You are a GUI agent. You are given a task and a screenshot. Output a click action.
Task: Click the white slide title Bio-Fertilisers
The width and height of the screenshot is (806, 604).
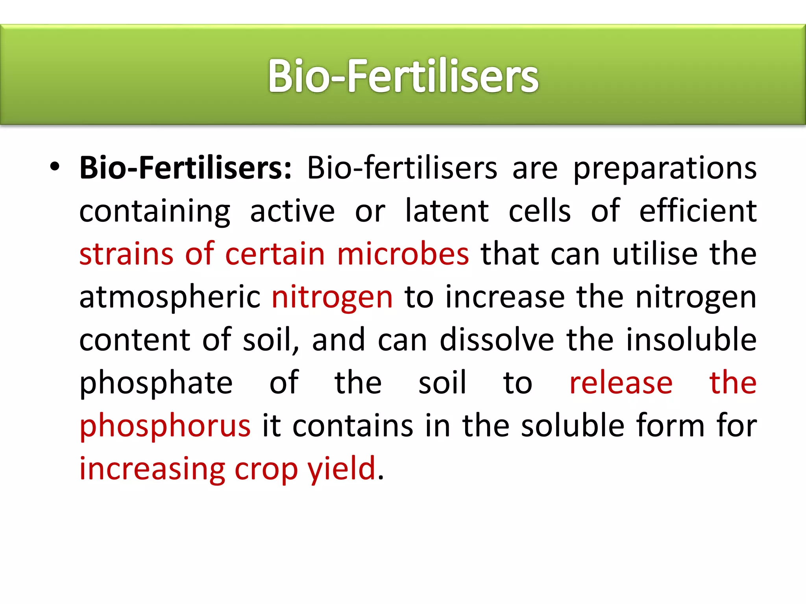(x=403, y=75)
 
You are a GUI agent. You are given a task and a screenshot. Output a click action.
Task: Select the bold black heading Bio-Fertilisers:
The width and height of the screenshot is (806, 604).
(x=185, y=168)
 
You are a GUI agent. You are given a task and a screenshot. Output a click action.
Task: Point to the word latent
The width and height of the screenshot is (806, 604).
(x=447, y=211)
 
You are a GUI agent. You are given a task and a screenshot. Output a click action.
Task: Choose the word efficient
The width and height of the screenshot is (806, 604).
(x=697, y=211)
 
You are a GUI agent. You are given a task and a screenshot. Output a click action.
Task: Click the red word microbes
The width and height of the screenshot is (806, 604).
(x=403, y=254)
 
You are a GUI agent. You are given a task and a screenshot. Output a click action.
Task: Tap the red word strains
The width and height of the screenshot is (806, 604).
(x=126, y=254)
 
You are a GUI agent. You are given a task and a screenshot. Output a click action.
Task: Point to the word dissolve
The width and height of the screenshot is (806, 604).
(x=497, y=340)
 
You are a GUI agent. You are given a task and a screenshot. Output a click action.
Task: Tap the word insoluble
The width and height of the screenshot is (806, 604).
(x=691, y=340)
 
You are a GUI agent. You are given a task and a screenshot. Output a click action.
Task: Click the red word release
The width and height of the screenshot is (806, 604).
(x=621, y=383)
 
